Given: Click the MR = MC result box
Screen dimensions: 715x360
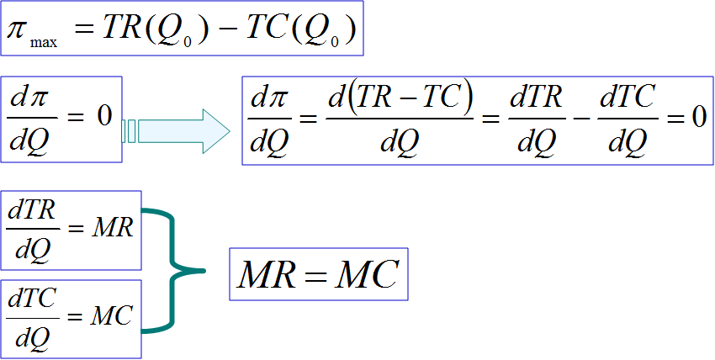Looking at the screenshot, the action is coord(318,274).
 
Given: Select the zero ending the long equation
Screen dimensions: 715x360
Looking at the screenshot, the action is coord(696,117).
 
